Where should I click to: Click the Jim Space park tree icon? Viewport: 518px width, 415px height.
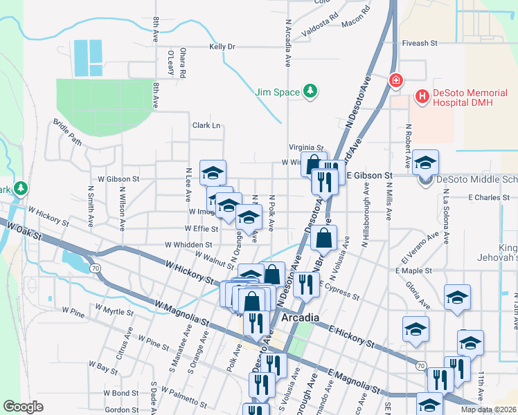point(311,91)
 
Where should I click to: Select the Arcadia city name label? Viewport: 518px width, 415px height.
point(301,317)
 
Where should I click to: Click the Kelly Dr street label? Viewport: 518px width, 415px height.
point(222,47)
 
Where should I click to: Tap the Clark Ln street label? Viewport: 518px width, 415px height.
point(206,125)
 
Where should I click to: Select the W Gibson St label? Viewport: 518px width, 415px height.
point(118,178)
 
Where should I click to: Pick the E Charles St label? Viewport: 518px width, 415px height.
point(489,198)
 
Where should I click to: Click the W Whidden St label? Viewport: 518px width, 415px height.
point(188,245)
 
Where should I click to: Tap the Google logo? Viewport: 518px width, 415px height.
point(23,407)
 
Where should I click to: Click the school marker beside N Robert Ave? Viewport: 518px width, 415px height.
point(426,162)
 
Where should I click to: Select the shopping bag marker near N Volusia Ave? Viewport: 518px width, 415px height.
point(324,238)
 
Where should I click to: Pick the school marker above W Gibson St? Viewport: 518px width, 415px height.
point(213,172)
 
